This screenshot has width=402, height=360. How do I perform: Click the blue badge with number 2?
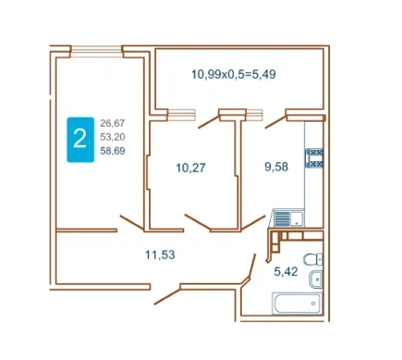81,140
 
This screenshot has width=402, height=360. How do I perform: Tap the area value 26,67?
112,123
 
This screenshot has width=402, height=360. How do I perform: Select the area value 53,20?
112,137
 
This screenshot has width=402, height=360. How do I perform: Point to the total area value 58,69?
112,151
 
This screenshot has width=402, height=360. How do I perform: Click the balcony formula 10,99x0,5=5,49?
233,75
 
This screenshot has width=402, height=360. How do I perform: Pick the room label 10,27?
190,168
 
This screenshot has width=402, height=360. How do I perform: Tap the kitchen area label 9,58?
276,166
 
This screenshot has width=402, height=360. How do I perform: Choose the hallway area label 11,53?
160,255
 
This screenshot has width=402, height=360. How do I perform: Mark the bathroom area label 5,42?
286,272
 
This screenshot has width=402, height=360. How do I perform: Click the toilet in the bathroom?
313,260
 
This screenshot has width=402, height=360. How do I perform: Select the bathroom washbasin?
315,279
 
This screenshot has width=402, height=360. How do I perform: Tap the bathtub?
297,303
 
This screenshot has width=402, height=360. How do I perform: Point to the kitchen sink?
288,219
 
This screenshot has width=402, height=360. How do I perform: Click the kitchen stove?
315,158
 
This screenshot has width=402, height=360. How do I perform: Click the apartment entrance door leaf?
167,296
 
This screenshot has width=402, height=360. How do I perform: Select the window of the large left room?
97,51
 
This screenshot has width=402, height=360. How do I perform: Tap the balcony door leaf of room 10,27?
209,122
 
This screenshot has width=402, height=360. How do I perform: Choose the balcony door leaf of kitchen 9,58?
276,122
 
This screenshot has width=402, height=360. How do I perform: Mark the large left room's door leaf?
132,222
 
